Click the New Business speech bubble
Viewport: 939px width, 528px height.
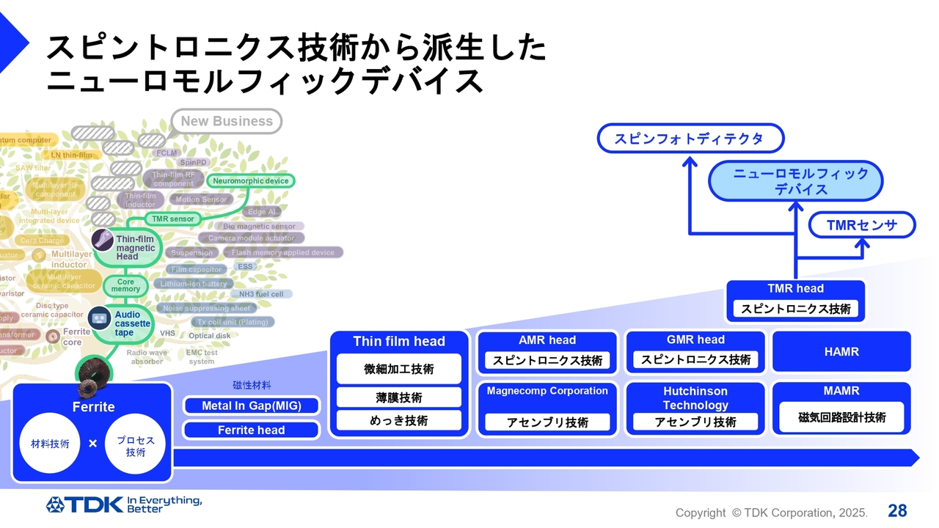227,122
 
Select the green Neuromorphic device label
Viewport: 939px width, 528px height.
251,181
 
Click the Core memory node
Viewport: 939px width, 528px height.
125,285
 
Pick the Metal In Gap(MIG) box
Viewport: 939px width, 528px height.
251,406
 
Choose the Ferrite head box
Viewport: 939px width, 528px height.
251,430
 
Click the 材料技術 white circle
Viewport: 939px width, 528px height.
50,443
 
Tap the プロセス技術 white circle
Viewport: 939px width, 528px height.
136,443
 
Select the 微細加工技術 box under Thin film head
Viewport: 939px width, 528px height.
399,369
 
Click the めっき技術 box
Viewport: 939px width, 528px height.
399,420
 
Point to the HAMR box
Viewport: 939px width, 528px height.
841,352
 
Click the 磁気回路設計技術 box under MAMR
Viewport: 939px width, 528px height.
841,417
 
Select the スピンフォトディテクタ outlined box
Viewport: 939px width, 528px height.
690,139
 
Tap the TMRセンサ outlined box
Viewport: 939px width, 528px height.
862,225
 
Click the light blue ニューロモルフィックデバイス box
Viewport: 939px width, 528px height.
795,181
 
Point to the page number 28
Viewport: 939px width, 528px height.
897,511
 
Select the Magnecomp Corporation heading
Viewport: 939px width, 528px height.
547,391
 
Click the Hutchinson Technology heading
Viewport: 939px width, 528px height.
695,398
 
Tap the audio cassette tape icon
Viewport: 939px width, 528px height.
100,318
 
